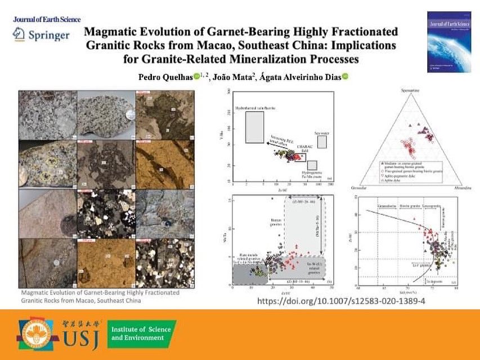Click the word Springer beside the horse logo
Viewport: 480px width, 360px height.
[51, 35]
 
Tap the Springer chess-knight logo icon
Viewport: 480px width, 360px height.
[19, 35]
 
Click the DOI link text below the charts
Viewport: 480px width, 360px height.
[340, 301]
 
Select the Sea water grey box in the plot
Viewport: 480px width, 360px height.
[321, 142]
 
